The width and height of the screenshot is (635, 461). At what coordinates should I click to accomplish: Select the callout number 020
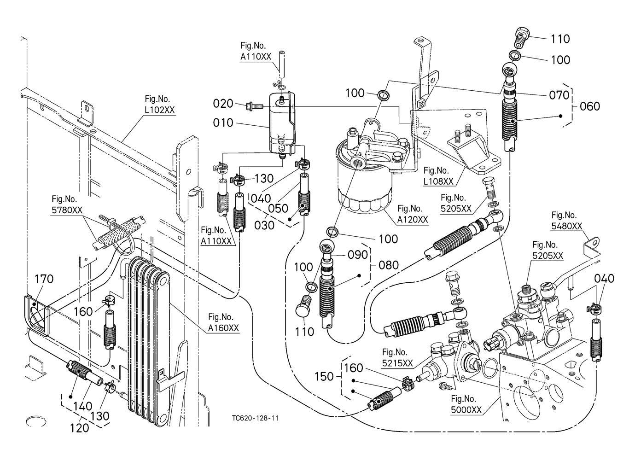pyautogui.click(x=223, y=104)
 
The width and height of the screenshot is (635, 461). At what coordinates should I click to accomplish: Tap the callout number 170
pyautogui.click(x=44, y=279)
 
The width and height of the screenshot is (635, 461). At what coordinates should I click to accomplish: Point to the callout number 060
pyautogui.click(x=590, y=106)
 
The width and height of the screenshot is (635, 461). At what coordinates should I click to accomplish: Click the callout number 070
pyautogui.click(x=559, y=95)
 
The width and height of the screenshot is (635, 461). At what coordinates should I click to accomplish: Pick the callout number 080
pyautogui.click(x=389, y=265)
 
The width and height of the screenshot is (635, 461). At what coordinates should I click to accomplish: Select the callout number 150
pyautogui.click(x=324, y=376)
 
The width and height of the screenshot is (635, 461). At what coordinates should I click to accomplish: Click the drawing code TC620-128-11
pyautogui.click(x=256, y=418)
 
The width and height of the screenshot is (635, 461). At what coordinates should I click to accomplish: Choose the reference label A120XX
pyautogui.click(x=413, y=219)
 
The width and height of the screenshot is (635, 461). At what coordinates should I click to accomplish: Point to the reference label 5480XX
pyautogui.click(x=566, y=226)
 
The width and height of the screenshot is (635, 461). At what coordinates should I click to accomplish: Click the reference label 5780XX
pyautogui.click(x=67, y=210)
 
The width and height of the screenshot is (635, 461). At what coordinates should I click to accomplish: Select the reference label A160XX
pyautogui.click(x=223, y=328)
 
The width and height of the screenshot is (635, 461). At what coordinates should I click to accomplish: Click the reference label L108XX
pyautogui.click(x=438, y=181)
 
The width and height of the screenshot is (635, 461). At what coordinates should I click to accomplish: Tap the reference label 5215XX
pyautogui.click(x=397, y=363)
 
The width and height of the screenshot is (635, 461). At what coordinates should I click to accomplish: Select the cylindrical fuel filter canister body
pyautogui.click(x=361, y=184)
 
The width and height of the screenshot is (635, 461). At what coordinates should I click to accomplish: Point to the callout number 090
pyautogui.click(x=358, y=255)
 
